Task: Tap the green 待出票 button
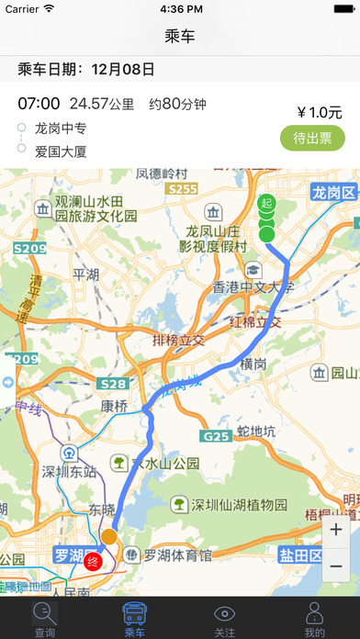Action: click(x=312, y=138)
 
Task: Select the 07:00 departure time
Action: click(x=39, y=103)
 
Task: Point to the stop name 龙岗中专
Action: click(x=62, y=128)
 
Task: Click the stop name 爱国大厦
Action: click(x=62, y=151)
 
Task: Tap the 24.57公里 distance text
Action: click(x=101, y=103)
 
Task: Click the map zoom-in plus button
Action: click(x=335, y=530)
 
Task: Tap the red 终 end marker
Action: click(x=92, y=561)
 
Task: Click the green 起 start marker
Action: click(x=266, y=203)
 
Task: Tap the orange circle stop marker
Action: click(x=108, y=536)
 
